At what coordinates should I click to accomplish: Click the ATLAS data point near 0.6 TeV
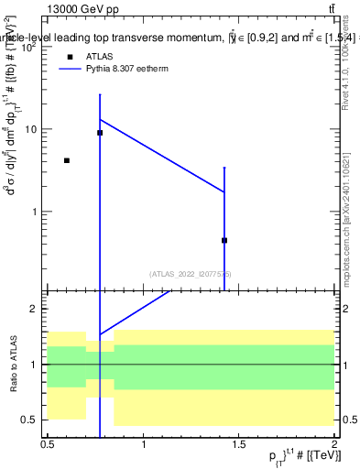point(67,160)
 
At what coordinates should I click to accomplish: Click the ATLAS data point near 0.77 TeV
point(100,133)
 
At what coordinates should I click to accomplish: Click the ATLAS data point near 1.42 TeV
point(224,240)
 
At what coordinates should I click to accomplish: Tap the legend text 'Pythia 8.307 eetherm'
point(127,70)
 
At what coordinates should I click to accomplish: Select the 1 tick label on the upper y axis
point(36,212)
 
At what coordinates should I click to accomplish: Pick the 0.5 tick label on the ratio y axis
point(32,420)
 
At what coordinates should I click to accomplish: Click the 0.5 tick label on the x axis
point(48,444)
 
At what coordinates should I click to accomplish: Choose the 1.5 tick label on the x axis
point(239,444)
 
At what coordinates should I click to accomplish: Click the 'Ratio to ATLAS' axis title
point(13,365)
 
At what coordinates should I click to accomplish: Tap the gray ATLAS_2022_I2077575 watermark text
point(191,274)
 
